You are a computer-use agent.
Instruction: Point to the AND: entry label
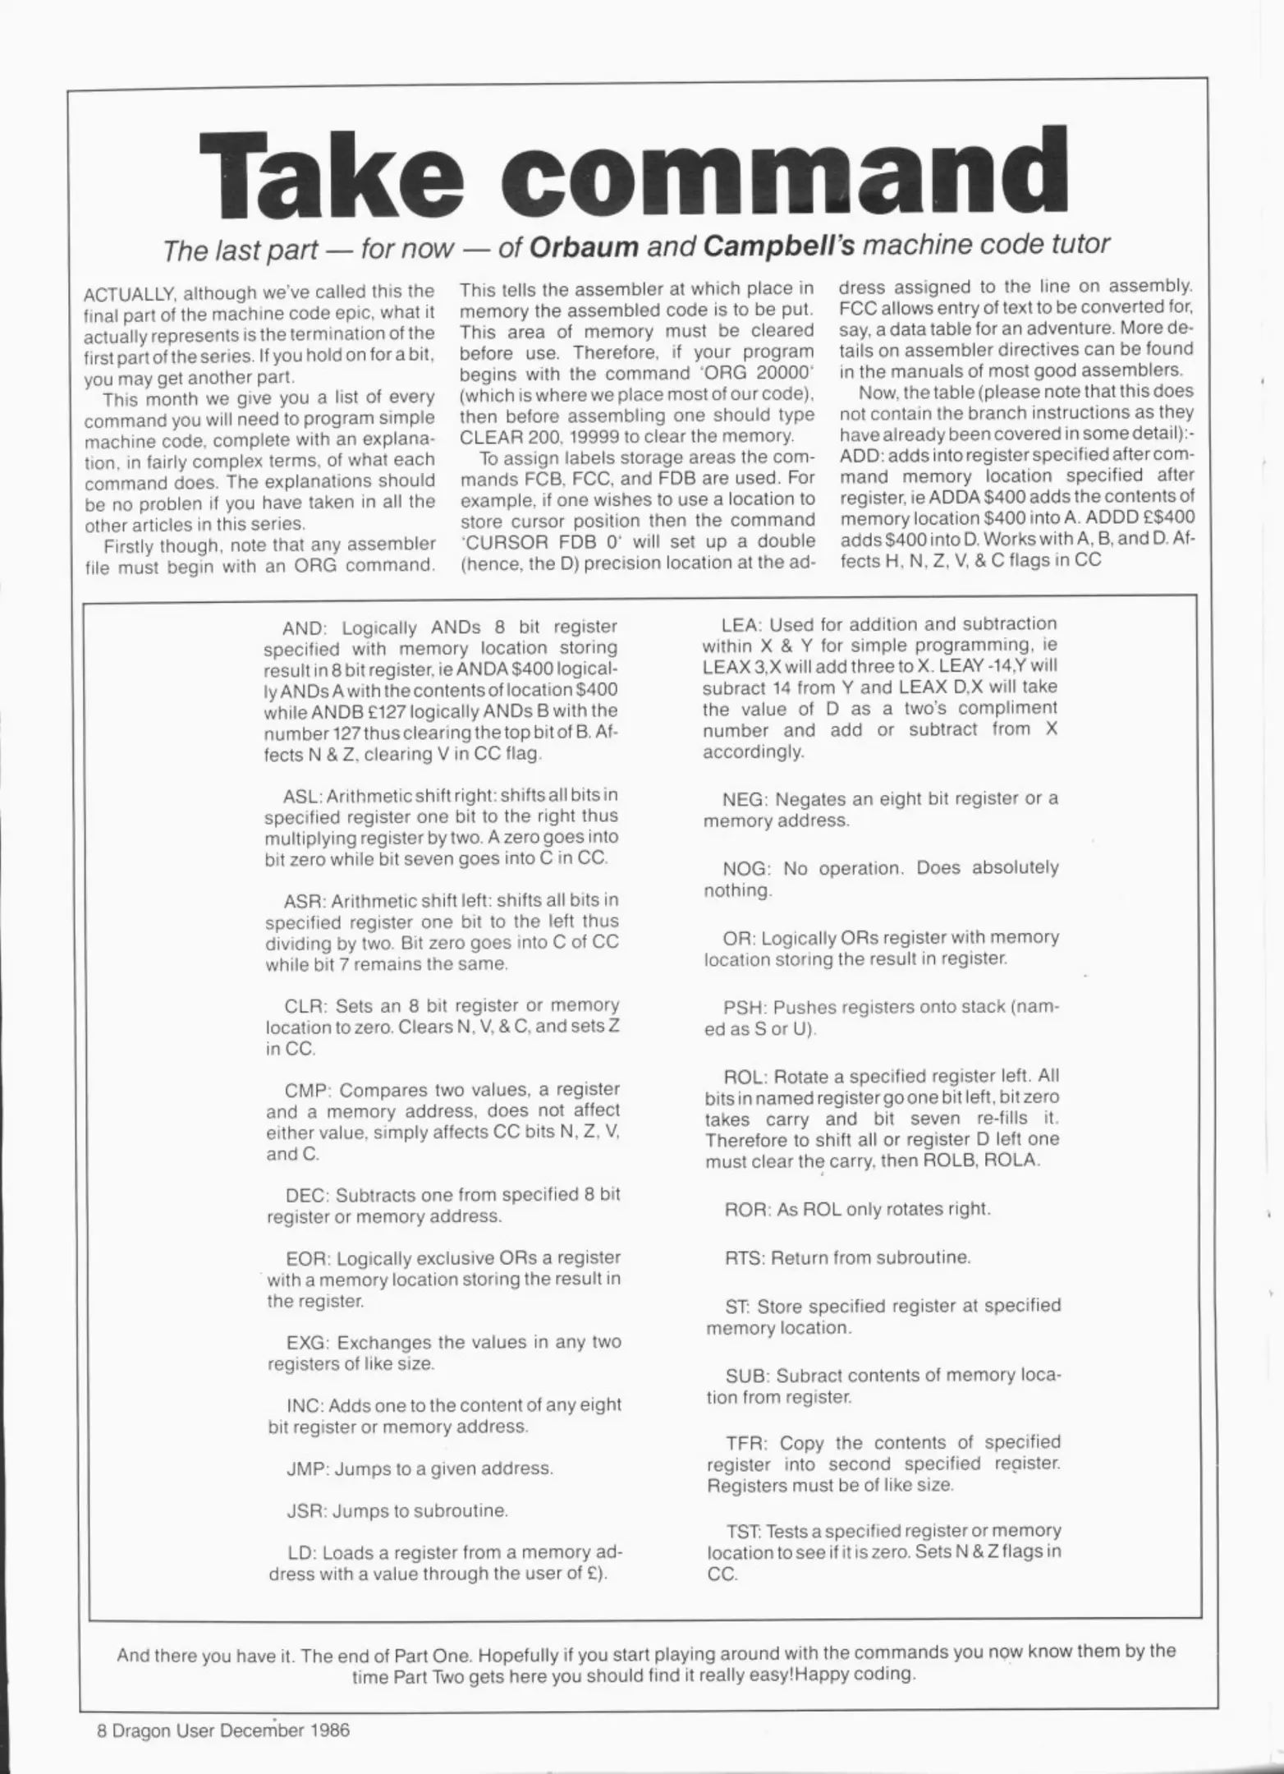tap(304, 628)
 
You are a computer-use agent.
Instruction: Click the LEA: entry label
tap(741, 625)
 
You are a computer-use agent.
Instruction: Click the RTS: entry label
tap(744, 1257)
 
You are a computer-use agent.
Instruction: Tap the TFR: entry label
tap(746, 1444)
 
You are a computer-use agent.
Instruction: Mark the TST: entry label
tap(744, 1532)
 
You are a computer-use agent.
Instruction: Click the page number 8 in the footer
tap(102, 1730)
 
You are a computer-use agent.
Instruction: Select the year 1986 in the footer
tap(331, 1730)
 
